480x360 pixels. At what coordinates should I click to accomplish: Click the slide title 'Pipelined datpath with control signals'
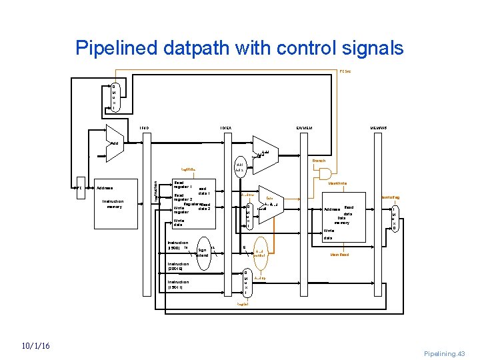click(x=239, y=48)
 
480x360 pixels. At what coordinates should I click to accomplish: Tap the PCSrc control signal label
click(x=345, y=70)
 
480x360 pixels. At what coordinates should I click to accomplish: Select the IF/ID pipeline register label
click(x=144, y=127)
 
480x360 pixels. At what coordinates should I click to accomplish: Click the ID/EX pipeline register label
click(x=225, y=127)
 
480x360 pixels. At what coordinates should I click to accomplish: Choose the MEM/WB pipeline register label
click(x=381, y=127)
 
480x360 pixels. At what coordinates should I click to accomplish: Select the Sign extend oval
click(x=201, y=252)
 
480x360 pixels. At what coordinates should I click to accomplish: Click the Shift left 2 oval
click(x=240, y=166)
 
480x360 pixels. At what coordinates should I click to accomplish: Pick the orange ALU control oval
click(x=259, y=253)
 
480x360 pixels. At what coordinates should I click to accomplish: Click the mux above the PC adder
click(x=114, y=97)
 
